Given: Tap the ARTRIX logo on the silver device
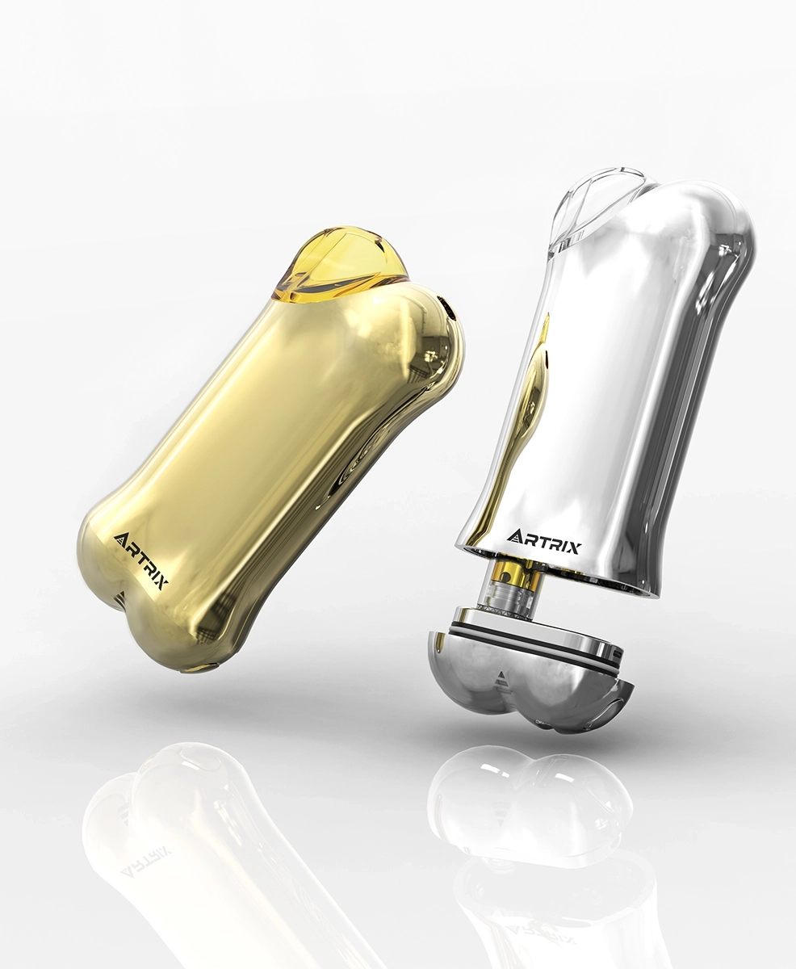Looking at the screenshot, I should point(543,539).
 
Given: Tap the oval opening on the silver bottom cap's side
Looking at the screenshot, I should point(622,703).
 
